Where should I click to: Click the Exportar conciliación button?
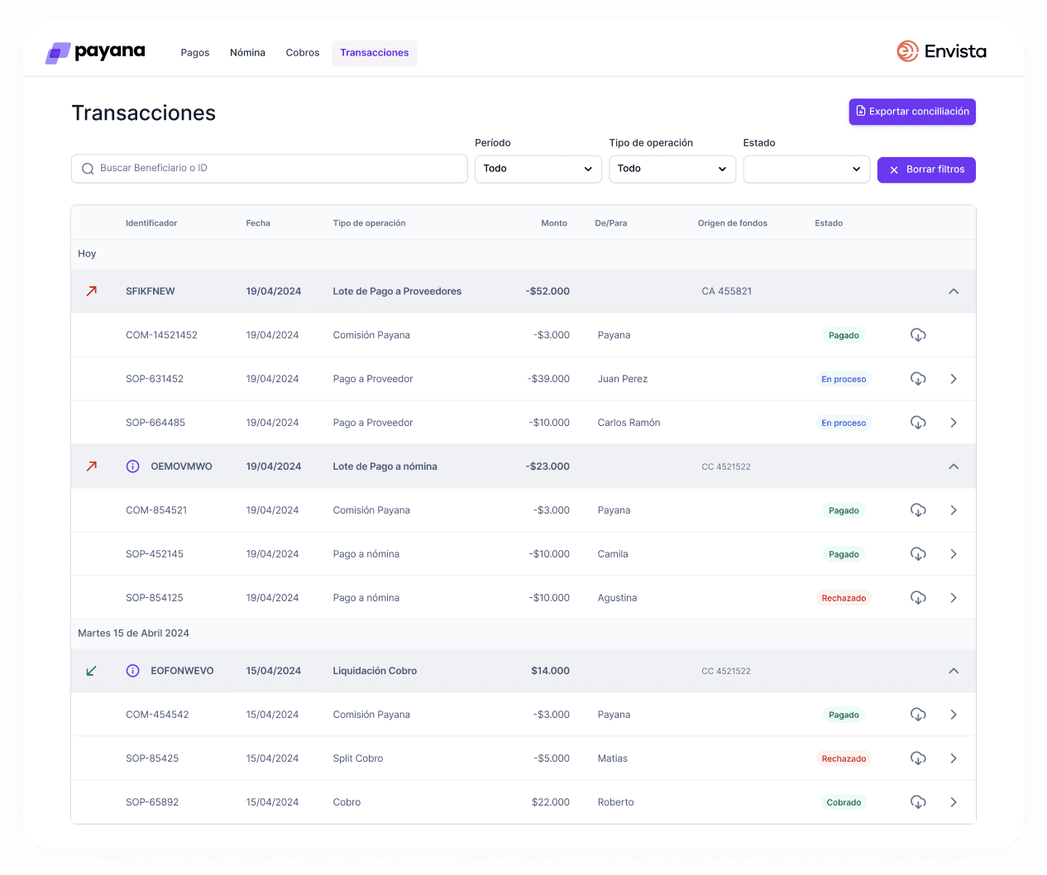tap(912, 112)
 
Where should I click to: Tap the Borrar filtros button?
tap(926, 170)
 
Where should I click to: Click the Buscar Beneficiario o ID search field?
tap(270, 169)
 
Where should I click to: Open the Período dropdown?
tap(538, 169)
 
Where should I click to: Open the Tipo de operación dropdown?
tap(672, 169)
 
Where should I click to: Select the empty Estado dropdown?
tap(806, 170)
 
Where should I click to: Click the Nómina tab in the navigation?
tap(247, 53)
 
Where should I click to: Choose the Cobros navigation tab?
tap(303, 53)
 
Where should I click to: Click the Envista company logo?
tap(941, 51)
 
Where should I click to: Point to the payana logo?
tap(95, 52)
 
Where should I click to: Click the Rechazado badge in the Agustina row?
tap(844, 598)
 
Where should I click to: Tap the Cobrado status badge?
tap(844, 802)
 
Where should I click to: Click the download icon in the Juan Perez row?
tap(918, 379)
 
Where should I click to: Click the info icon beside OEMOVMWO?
tap(132, 466)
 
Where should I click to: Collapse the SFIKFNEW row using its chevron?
tap(954, 291)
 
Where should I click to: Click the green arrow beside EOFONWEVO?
tap(92, 671)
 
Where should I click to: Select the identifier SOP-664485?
tap(155, 423)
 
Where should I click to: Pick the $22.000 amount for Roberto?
tap(551, 802)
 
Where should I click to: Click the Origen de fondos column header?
tap(732, 223)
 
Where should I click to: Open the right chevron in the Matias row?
tap(954, 758)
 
